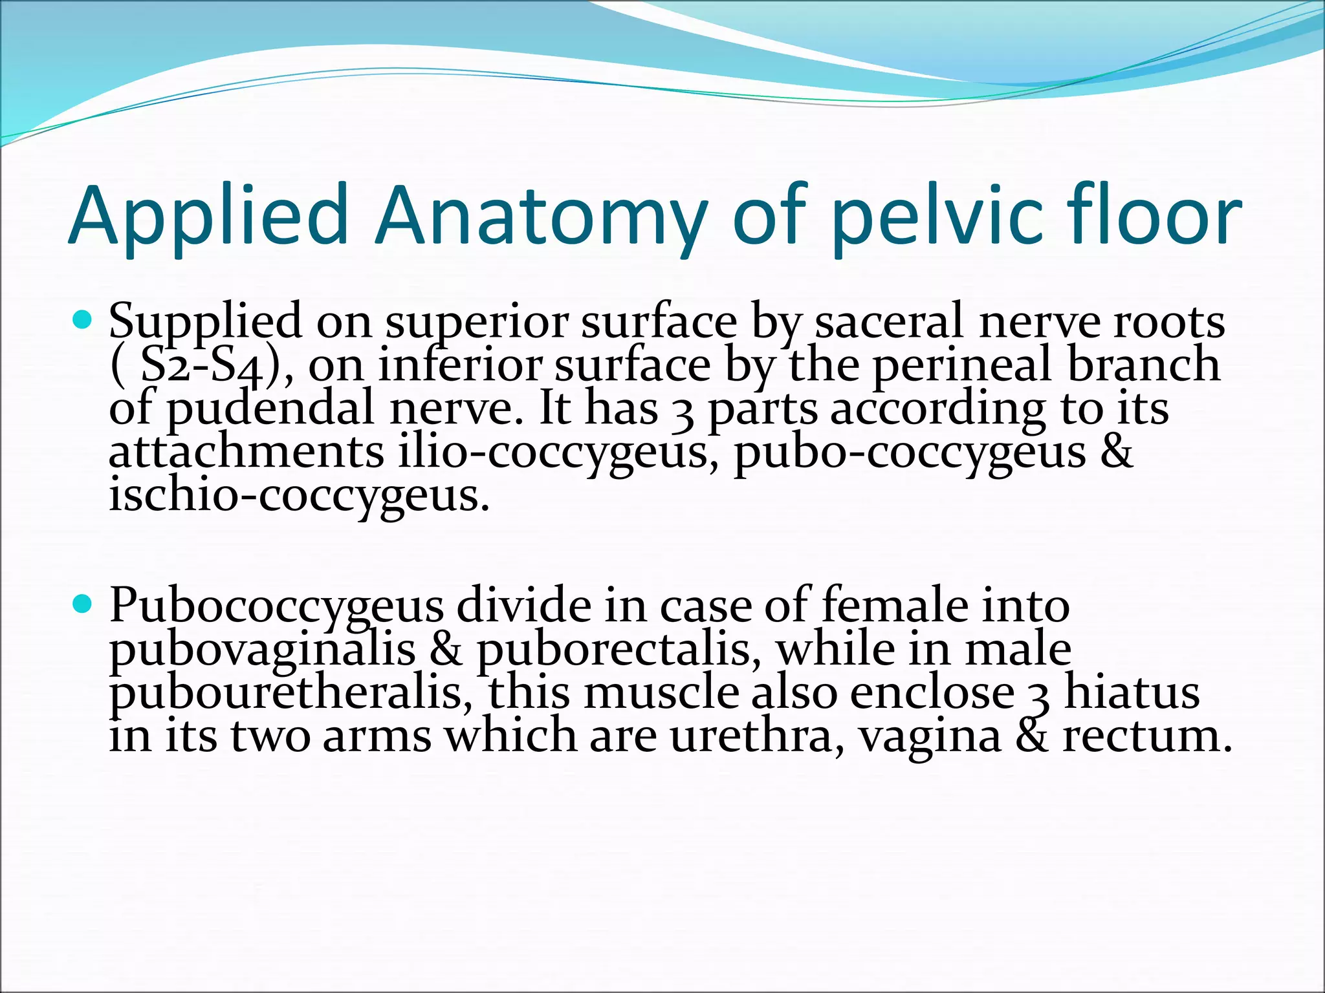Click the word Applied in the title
(208, 217)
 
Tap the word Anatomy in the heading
(541, 217)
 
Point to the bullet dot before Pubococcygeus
(82, 604)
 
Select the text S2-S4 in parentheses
(203, 366)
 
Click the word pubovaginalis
(262, 649)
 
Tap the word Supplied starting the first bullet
(205, 321)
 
